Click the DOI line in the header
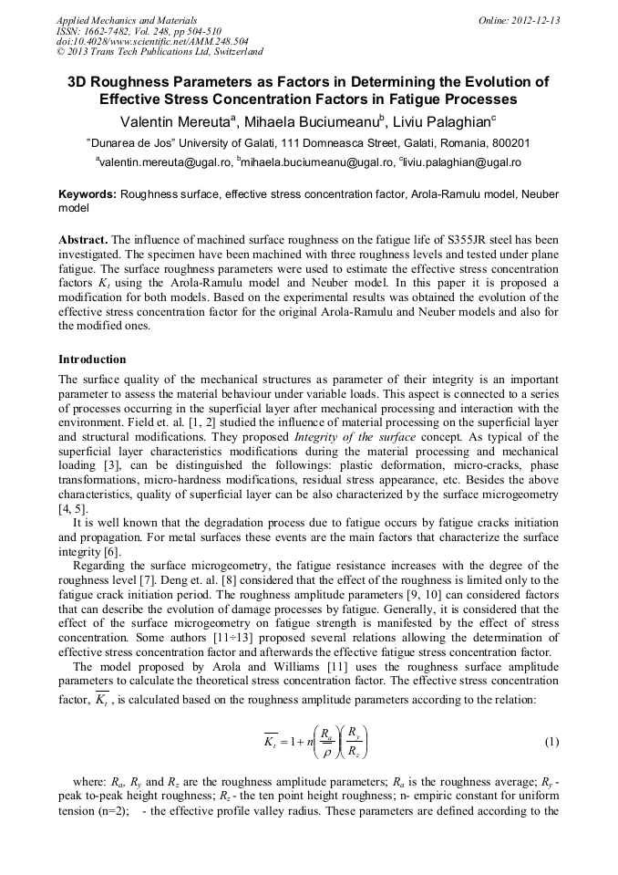click(x=127, y=41)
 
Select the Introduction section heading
click(x=92, y=359)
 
